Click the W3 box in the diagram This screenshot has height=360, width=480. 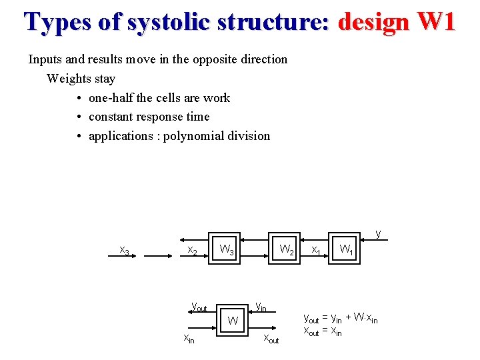226,251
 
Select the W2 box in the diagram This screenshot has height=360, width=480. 286,251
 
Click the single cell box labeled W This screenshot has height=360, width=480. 233,321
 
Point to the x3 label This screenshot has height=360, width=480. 124,251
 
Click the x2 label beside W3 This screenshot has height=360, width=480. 192,251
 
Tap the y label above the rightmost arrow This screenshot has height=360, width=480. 379,233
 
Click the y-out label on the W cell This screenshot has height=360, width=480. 199,307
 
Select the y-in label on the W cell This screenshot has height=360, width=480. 261,307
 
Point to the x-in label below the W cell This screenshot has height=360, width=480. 190,339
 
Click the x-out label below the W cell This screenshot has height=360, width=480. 271,339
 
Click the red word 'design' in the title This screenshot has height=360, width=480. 373,21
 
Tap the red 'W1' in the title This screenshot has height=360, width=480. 436,21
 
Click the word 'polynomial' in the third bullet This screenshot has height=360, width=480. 194,136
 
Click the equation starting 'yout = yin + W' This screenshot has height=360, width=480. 340,319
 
